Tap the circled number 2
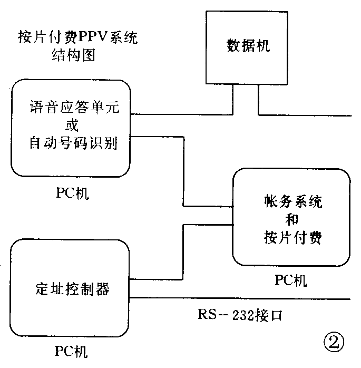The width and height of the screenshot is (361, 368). pos(334,344)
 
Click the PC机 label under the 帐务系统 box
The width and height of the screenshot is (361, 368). pos(290,280)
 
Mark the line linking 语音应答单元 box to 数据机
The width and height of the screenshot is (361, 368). pos(179,114)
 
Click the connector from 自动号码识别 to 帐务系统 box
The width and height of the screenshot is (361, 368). pos(182,174)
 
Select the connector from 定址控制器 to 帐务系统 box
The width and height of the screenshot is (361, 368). pos(182,253)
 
